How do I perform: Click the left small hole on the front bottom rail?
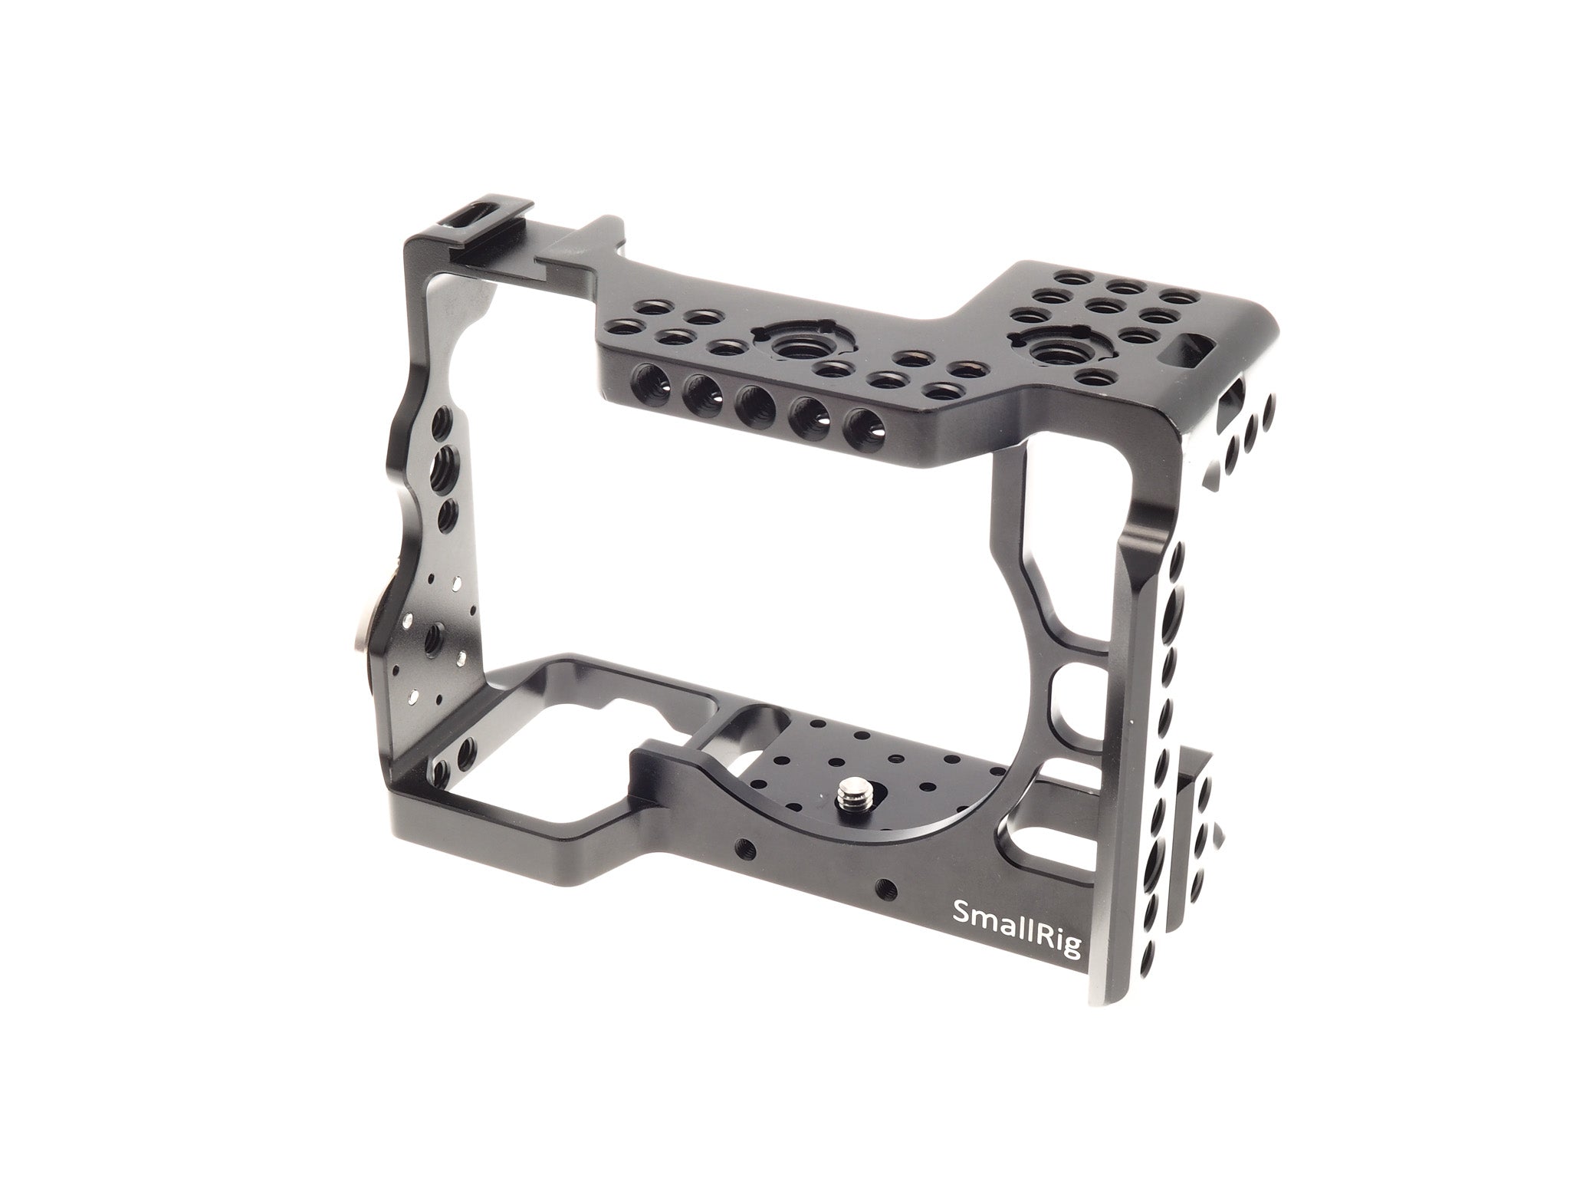point(743,871)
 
